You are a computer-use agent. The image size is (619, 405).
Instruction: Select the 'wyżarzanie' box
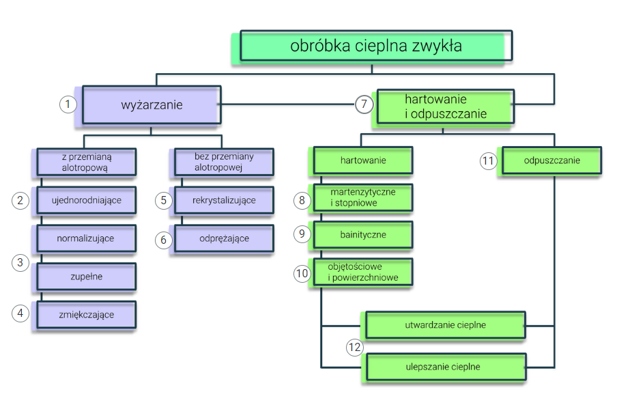pyautogui.click(x=152, y=104)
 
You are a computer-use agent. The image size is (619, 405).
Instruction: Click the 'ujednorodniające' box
pyautogui.click(x=87, y=200)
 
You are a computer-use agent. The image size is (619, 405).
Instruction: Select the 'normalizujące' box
pyautogui.click(x=87, y=238)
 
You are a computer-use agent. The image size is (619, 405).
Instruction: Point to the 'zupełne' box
pyautogui.click(x=87, y=277)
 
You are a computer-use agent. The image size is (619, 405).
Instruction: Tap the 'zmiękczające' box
pyautogui.click(x=87, y=315)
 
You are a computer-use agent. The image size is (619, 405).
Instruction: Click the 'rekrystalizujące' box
pyautogui.click(x=224, y=200)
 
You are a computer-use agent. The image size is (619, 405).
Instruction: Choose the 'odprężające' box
pyautogui.click(x=224, y=238)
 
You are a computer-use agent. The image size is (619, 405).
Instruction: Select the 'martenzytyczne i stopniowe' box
pyautogui.click(x=363, y=197)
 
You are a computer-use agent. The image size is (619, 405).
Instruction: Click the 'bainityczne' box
pyautogui.click(x=363, y=234)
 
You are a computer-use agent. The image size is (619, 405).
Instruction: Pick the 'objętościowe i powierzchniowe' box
pyautogui.click(x=363, y=272)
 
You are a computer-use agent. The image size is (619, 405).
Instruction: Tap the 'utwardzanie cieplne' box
pyautogui.click(x=445, y=325)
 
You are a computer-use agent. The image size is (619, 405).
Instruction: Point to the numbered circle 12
pyautogui.click(x=354, y=348)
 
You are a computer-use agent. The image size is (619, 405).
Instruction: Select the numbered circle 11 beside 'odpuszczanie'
pyautogui.click(x=487, y=161)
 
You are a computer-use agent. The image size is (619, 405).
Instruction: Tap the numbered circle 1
pyautogui.click(x=68, y=104)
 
